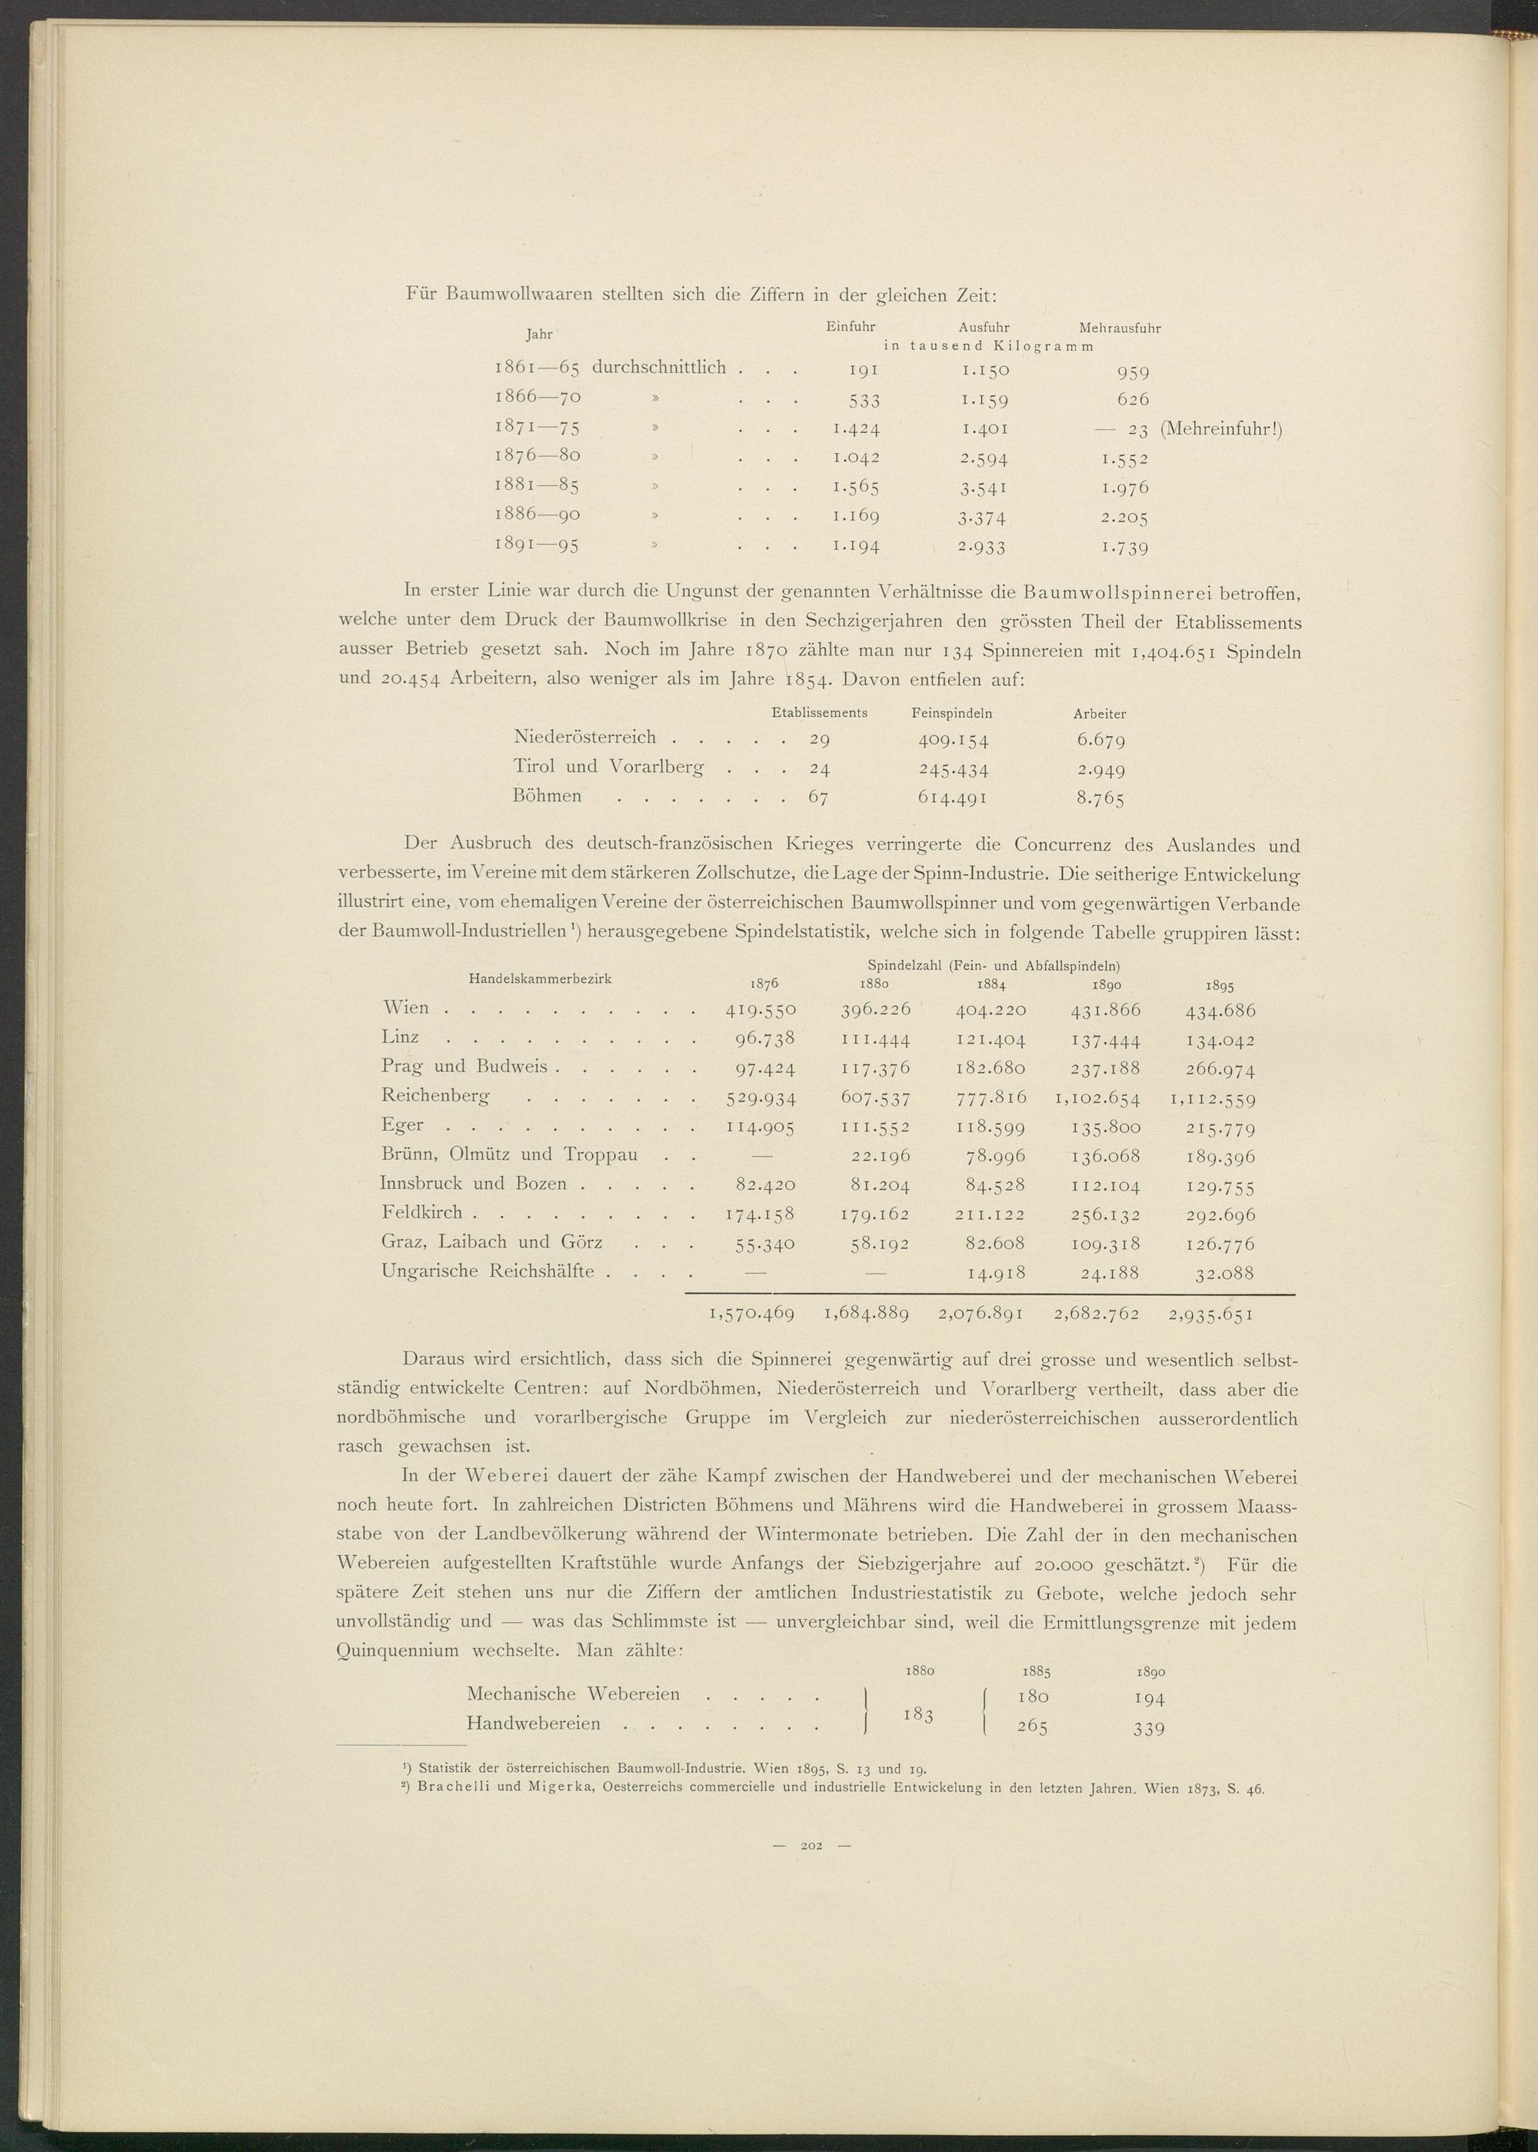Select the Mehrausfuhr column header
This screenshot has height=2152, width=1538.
[1120, 328]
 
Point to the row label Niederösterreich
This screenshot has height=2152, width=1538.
[584, 737]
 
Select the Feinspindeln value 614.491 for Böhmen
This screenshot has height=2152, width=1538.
[953, 798]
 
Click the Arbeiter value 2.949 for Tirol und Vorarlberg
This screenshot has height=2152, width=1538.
[1100, 768]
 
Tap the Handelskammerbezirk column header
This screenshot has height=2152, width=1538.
[540, 979]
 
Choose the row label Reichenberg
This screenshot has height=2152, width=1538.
[436, 1096]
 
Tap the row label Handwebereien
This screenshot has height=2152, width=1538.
[533, 1724]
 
